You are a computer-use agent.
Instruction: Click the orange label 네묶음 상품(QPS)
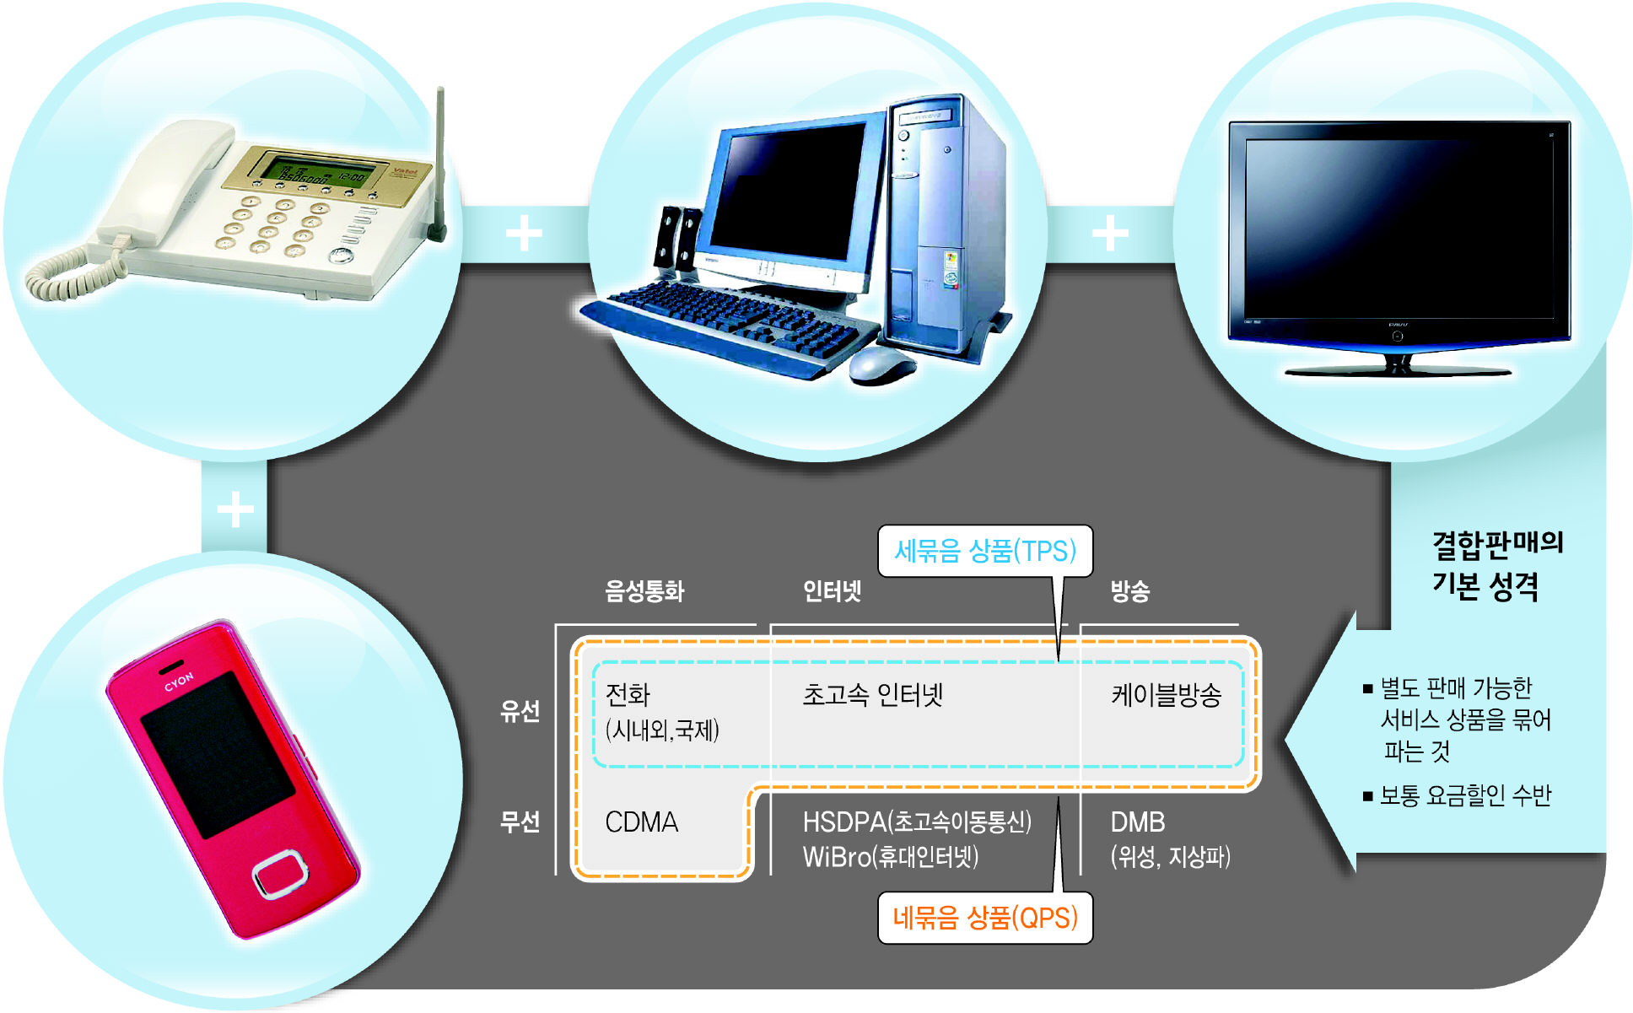[x=985, y=918]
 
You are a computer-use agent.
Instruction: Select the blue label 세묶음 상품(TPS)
[x=985, y=552]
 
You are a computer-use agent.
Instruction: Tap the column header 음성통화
[x=644, y=591]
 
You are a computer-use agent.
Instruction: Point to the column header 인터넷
[x=832, y=591]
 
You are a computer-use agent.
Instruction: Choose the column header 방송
[x=1129, y=591]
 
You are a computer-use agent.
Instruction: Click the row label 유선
[x=520, y=711]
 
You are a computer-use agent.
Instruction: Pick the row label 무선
[x=520, y=822]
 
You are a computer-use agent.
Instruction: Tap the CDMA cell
[x=642, y=822]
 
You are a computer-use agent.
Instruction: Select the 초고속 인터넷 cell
[x=872, y=695]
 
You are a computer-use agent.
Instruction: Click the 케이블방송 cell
[x=1166, y=695]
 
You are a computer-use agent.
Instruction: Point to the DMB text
[x=1138, y=822]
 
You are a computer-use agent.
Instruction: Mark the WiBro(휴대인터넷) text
[x=891, y=858]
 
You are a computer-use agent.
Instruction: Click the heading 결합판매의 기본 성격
[x=1497, y=564]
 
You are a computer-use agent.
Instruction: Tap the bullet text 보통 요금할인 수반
[x=1465, y=795]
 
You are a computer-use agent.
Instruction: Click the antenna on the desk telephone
[x=439, y=160]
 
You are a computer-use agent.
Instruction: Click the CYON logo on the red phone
[x=179, y=682]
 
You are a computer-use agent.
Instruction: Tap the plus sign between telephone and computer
[x=524, y=234]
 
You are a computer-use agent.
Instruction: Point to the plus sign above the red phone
[x=235, y=509]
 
